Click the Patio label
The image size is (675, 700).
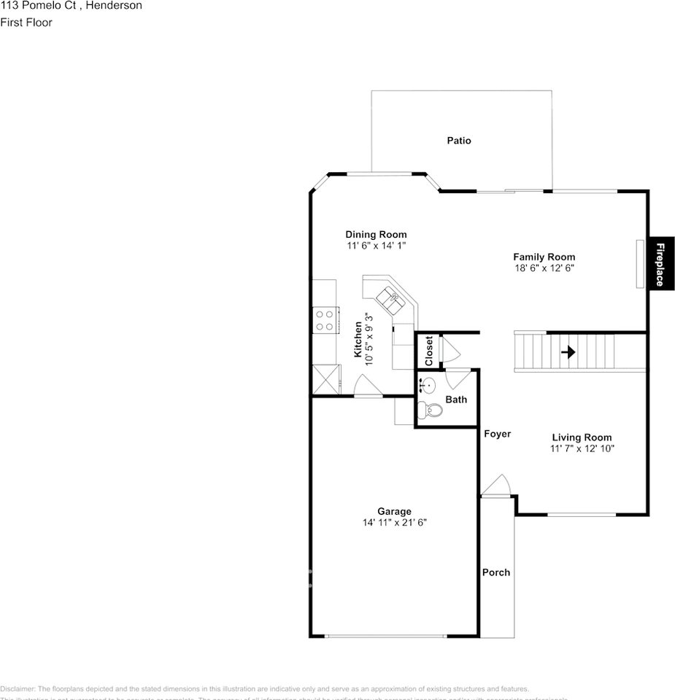pyautogui.click(x=459, y=141)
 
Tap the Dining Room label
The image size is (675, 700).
pyautogui.click(x=376, y=235)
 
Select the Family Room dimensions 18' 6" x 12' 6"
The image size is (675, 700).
pyautogui.click(x=544, y=268)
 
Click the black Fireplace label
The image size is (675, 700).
pyautogui.click(x=660, y=264)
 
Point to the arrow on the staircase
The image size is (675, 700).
pyautogui.click(x=568, y=352)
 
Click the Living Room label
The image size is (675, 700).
pyautogui.click(x=582, y=437)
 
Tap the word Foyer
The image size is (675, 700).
pyautogui.click(x=497, y=434)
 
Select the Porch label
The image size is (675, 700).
pyautogui.click(x=496, y=572)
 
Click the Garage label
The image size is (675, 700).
pyautogui.click(x=394, y=511)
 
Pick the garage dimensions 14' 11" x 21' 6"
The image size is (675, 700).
pyautogui.click(x=394, y=522)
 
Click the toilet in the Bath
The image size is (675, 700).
pyautogui.click(x=433, y=411)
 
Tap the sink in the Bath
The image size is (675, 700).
pyautogui.click(x=428, y=384)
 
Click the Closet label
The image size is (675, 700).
pyautogui.click(x=429, y=351)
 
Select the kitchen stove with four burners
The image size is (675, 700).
pyautogui.click(x=325, y=320)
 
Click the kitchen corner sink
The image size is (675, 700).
pyautogui.click(x=389, y=297)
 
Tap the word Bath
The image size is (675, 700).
pyautogui.click(x=456, y=400)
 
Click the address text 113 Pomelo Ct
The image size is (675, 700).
pyautogui.click(x=43, y=6)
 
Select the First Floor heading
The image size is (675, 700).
pyautogui.click(x=26, y=22)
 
